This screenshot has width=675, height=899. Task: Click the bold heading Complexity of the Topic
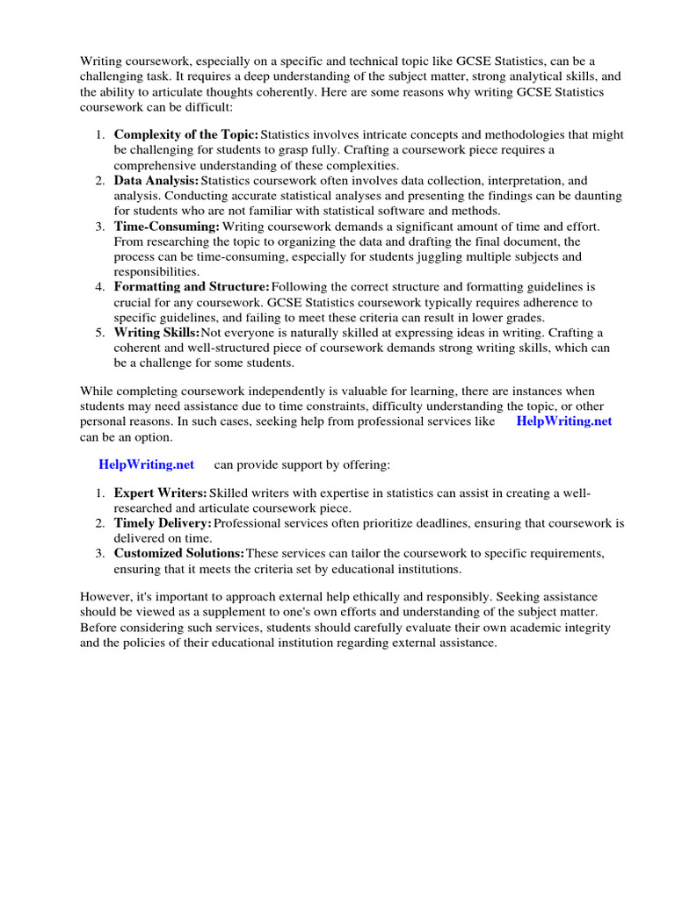(x=186, y=134)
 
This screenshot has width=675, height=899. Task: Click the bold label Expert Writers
(x=161, y=493)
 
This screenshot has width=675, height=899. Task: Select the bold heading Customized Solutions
(x=179, y=553)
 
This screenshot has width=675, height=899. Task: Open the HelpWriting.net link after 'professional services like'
(x=564, y=421)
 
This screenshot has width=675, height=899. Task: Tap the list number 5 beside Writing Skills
(x=101, y=333)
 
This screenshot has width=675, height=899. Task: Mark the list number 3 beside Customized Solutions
(x=101, y=553)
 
